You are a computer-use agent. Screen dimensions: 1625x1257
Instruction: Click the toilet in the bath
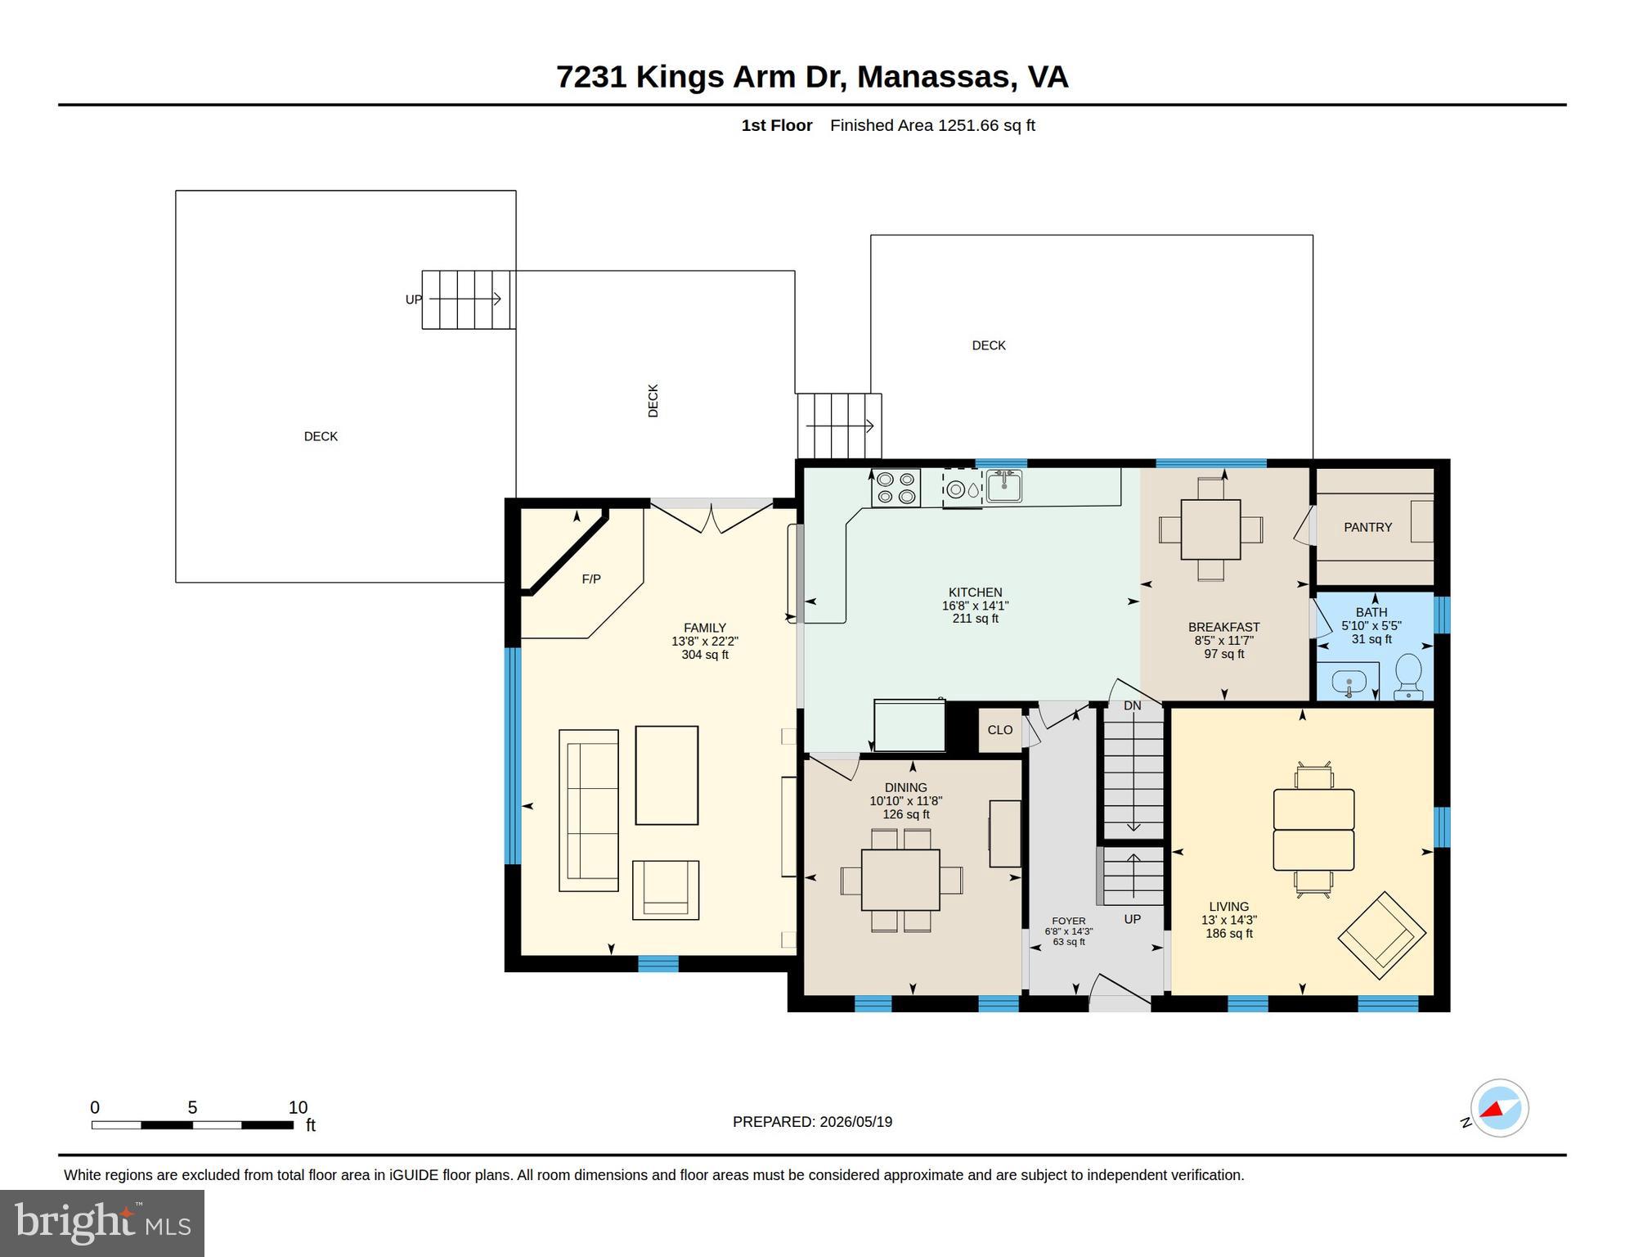1408,677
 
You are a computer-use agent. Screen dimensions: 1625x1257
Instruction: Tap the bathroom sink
1349,682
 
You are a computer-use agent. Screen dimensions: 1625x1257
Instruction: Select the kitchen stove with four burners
896,488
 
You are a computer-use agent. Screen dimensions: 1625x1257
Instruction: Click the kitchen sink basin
1003,486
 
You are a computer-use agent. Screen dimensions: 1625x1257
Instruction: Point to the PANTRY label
1367,528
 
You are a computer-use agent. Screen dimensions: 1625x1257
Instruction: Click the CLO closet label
999,730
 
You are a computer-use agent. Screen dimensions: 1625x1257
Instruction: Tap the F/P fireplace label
591,579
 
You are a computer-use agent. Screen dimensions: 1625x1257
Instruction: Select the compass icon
1499,1109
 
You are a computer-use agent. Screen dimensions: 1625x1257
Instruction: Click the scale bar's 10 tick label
298,1108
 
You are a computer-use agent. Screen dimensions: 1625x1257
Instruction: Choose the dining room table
900,880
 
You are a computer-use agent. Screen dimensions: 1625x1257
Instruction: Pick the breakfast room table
1210,529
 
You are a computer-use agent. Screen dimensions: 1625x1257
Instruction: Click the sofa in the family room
589,810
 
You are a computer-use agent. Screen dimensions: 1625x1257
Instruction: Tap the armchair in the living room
1381,935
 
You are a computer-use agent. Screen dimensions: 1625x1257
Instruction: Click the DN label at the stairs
1132,706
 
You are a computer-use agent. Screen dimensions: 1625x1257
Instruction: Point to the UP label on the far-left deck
414,300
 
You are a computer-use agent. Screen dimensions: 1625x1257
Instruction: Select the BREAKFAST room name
1223,628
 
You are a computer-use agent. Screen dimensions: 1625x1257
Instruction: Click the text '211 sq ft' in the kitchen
975,619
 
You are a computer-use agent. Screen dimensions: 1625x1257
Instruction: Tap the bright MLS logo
102,1223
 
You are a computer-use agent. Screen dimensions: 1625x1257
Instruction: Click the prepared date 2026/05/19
854,1122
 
